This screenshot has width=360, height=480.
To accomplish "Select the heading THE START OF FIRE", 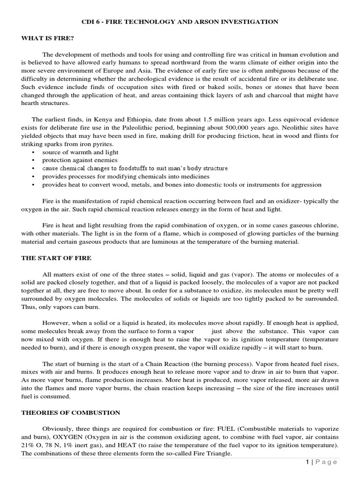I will coord(56,258).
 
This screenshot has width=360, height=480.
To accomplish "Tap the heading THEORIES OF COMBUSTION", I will coord(70,412).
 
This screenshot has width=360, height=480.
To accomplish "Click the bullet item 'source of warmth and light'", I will coord(80,152).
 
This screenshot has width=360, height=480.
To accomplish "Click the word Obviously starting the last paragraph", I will coord(58,428).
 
